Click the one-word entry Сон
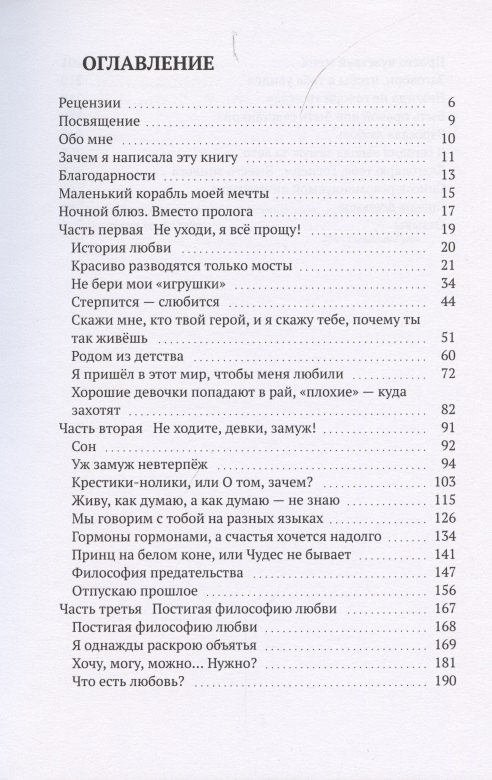click(x=85, y=447)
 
